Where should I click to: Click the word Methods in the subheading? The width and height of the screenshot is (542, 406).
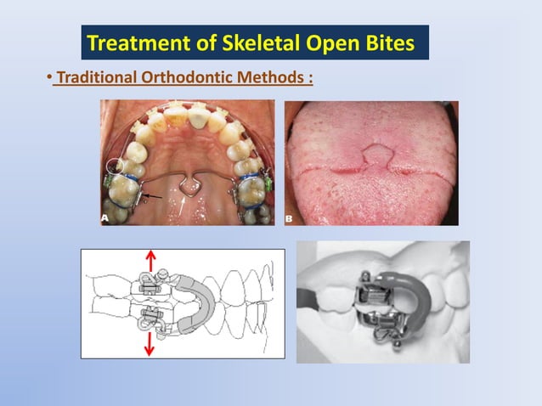pyautogui.click(x=269, y=78)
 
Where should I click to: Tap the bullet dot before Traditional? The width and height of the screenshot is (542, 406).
pyautogui.click(x=48, y=79)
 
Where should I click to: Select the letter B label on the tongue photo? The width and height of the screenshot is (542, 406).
pyautogui.click(x=291, y=217)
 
